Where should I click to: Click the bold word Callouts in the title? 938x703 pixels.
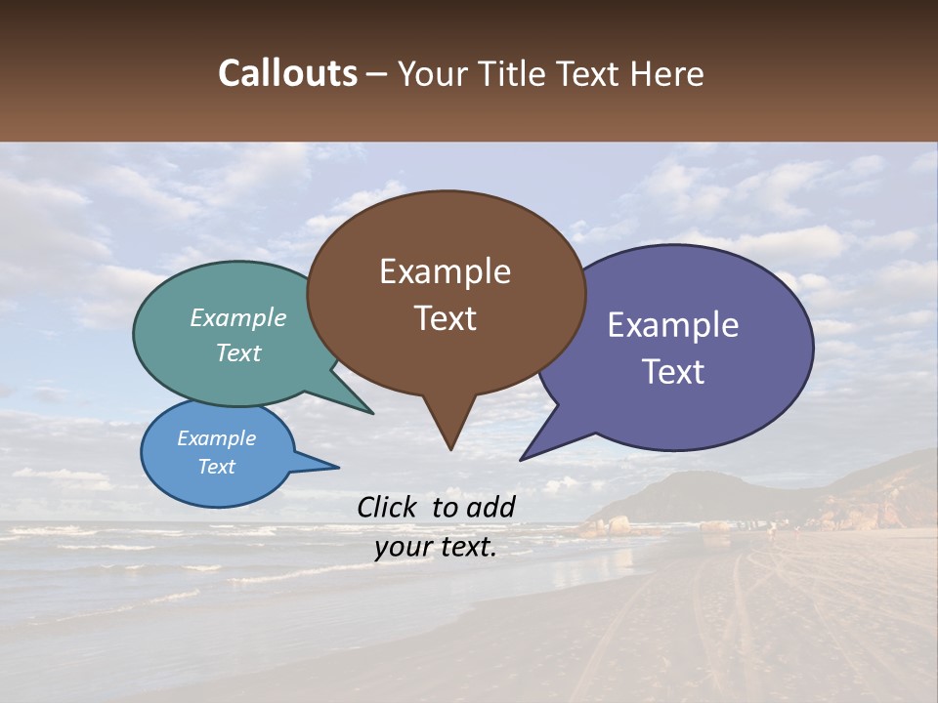pos(287,73)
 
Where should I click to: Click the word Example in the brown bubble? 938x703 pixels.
pos(445,271)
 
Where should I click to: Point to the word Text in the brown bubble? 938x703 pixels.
pos(445,318)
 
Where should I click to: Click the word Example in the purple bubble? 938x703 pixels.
pos(673,325)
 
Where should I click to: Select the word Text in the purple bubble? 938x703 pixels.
pos(673,372)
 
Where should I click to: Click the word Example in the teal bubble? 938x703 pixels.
pos(238,317)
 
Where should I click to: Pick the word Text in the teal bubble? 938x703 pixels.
pos(238,352)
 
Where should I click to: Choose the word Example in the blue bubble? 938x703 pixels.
pos(216,438)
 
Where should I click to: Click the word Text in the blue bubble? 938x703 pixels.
pos(216,467)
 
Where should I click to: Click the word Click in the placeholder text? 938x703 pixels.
pos(388,507)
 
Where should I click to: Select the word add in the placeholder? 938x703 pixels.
pos(490,507)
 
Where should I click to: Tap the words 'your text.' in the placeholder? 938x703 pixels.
pos(435,548)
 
